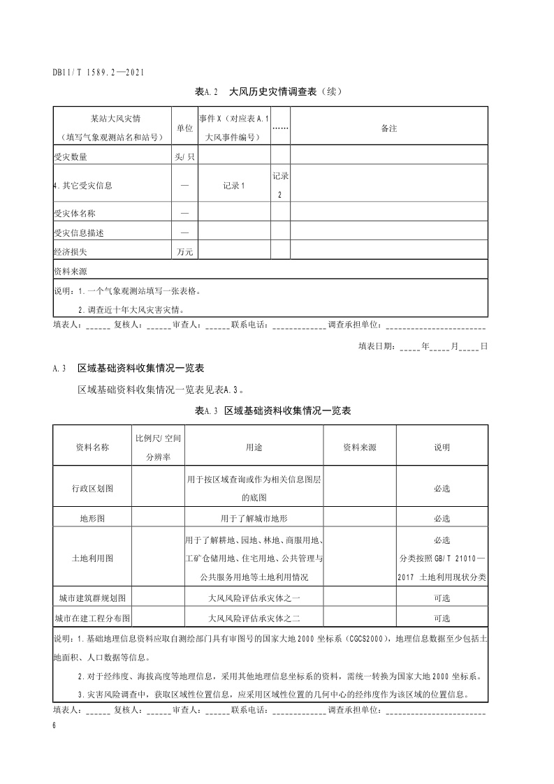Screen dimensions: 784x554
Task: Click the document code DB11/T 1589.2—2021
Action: click(x=99, y=72)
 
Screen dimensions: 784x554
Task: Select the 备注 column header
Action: click(x=388, y=128)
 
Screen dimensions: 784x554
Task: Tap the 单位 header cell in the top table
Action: click(x=184, y=128)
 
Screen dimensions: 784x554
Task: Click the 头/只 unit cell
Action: click(x=184, y=156)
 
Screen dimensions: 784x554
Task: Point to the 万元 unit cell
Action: click(x=184, y=251)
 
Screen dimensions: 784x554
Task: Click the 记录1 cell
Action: click(x=234, y=185)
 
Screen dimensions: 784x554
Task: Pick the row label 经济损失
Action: click(x=70, y=251)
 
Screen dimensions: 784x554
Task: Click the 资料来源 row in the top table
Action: click(x=70, y=269)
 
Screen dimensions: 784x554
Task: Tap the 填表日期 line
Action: click(x=422, y=346)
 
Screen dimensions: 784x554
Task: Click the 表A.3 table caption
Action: click(x=272, y=411)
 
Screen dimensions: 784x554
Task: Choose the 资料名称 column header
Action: click(x=92, y=448)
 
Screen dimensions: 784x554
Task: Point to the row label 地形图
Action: click(x=92, y=519)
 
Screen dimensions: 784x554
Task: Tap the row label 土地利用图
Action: click(x=92, y=559)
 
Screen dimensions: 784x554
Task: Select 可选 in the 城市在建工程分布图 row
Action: click(x=442, y=619)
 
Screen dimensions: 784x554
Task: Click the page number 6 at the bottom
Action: click(x=54, y=726)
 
